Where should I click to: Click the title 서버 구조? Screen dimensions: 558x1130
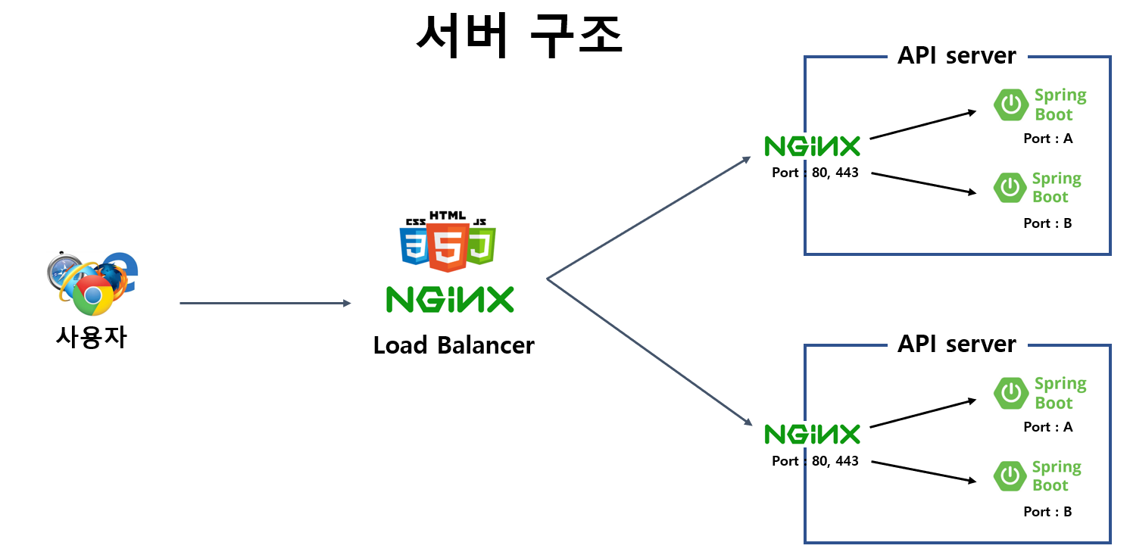pos(520,35)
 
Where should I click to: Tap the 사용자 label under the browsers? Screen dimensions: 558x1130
pos(91,336)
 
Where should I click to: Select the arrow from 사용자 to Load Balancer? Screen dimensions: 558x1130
pos(265,304)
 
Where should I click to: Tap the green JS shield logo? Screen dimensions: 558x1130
pos(481,244)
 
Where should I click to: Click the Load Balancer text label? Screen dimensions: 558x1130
pos(454,345)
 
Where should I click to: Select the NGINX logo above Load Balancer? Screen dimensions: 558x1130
pos(450,299)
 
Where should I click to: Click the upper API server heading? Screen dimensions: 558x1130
pos(957,55)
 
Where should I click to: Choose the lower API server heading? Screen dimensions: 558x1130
pos(957,344)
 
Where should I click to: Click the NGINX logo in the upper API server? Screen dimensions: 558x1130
pos(812,146)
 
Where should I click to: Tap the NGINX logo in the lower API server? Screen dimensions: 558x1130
pos(812,434)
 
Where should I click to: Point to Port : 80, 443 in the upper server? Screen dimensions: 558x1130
pos(815,173)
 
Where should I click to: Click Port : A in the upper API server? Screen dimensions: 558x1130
pos(1047,139)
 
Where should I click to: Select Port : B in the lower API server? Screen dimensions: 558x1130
pos(1047,512)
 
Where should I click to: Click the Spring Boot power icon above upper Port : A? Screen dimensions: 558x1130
pos(1010,105)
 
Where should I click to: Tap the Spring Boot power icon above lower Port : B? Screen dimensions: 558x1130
pos(1010,475)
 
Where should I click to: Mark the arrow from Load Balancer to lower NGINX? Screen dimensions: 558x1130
pos(648,351)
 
